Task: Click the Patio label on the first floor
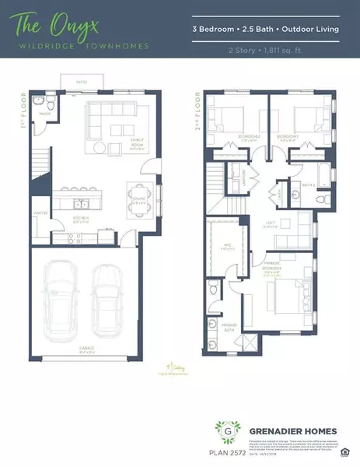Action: [81, 81]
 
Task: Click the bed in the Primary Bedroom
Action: [287, 294]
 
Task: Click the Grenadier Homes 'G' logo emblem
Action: [228, 430]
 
